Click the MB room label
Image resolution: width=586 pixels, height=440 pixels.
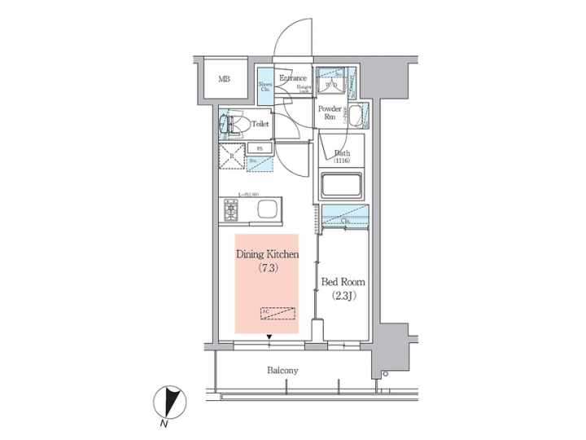[224, 80]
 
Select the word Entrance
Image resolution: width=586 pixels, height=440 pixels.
[292, 78]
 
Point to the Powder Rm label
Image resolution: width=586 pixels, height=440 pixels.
[329, 112]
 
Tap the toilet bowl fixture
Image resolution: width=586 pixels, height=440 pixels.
[231, 125]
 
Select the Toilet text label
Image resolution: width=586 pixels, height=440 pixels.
[260, 125]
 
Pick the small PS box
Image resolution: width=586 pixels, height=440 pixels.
[260, 148]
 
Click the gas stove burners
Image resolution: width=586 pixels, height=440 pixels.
[232, 211]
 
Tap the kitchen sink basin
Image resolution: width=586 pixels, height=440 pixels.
[267, 211]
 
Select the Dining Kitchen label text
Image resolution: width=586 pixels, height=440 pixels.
[268, 255]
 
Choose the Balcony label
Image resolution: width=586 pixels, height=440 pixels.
[282, 370]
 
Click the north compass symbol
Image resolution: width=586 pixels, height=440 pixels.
[172, 403]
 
